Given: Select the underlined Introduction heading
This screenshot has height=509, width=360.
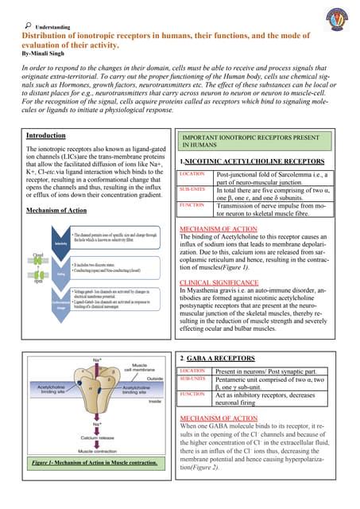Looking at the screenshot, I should point(46,135).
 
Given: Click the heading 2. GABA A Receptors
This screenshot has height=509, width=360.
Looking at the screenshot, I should point(217,359).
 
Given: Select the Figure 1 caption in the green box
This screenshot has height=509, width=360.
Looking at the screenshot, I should point(93,462).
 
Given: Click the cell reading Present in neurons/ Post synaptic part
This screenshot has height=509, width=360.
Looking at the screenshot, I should point(265,371).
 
